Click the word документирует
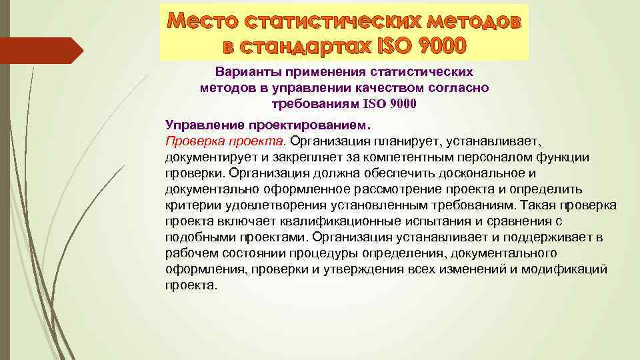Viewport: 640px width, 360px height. (205, 157)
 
